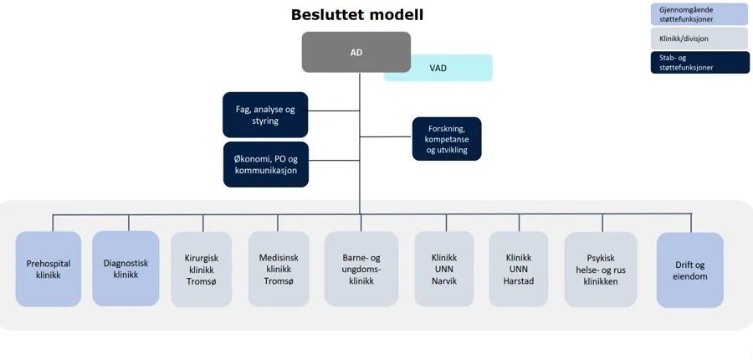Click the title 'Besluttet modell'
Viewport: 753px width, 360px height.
[x=357, y=15]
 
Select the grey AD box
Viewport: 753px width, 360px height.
[x=356, y=52]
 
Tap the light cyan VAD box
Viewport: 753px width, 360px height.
[x=438, y=68]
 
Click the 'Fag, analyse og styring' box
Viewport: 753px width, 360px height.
[x=265, y=115]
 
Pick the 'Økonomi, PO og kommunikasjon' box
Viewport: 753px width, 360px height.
[x=265, y=164]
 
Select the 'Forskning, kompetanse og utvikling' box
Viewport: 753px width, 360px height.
[x=447, y=139]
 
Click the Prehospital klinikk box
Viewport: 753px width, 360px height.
[x=49, y=269]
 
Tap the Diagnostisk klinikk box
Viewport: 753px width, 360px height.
[x=125, y=269]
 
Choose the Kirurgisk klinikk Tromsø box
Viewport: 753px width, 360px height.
[x=201, y=270]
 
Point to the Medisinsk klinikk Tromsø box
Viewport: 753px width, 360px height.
[x=279, y=270]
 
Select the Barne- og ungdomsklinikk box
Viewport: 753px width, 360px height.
[x=361, y=270]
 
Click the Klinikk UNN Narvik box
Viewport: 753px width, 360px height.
[x=444, y=270]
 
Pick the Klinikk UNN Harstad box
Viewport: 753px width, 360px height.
[x=519, y=270]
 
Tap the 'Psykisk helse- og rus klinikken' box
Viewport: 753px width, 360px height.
[x=601, y=270]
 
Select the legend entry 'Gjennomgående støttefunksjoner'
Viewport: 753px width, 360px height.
[x=699, y=14]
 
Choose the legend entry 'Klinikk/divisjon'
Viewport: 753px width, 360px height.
[x=699, y=39]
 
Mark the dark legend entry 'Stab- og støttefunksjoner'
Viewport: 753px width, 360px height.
[x=699, y=63]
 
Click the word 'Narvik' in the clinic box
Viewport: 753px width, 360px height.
[x=444, y=281]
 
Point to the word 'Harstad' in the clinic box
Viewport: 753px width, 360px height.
[x=519, y=281]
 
